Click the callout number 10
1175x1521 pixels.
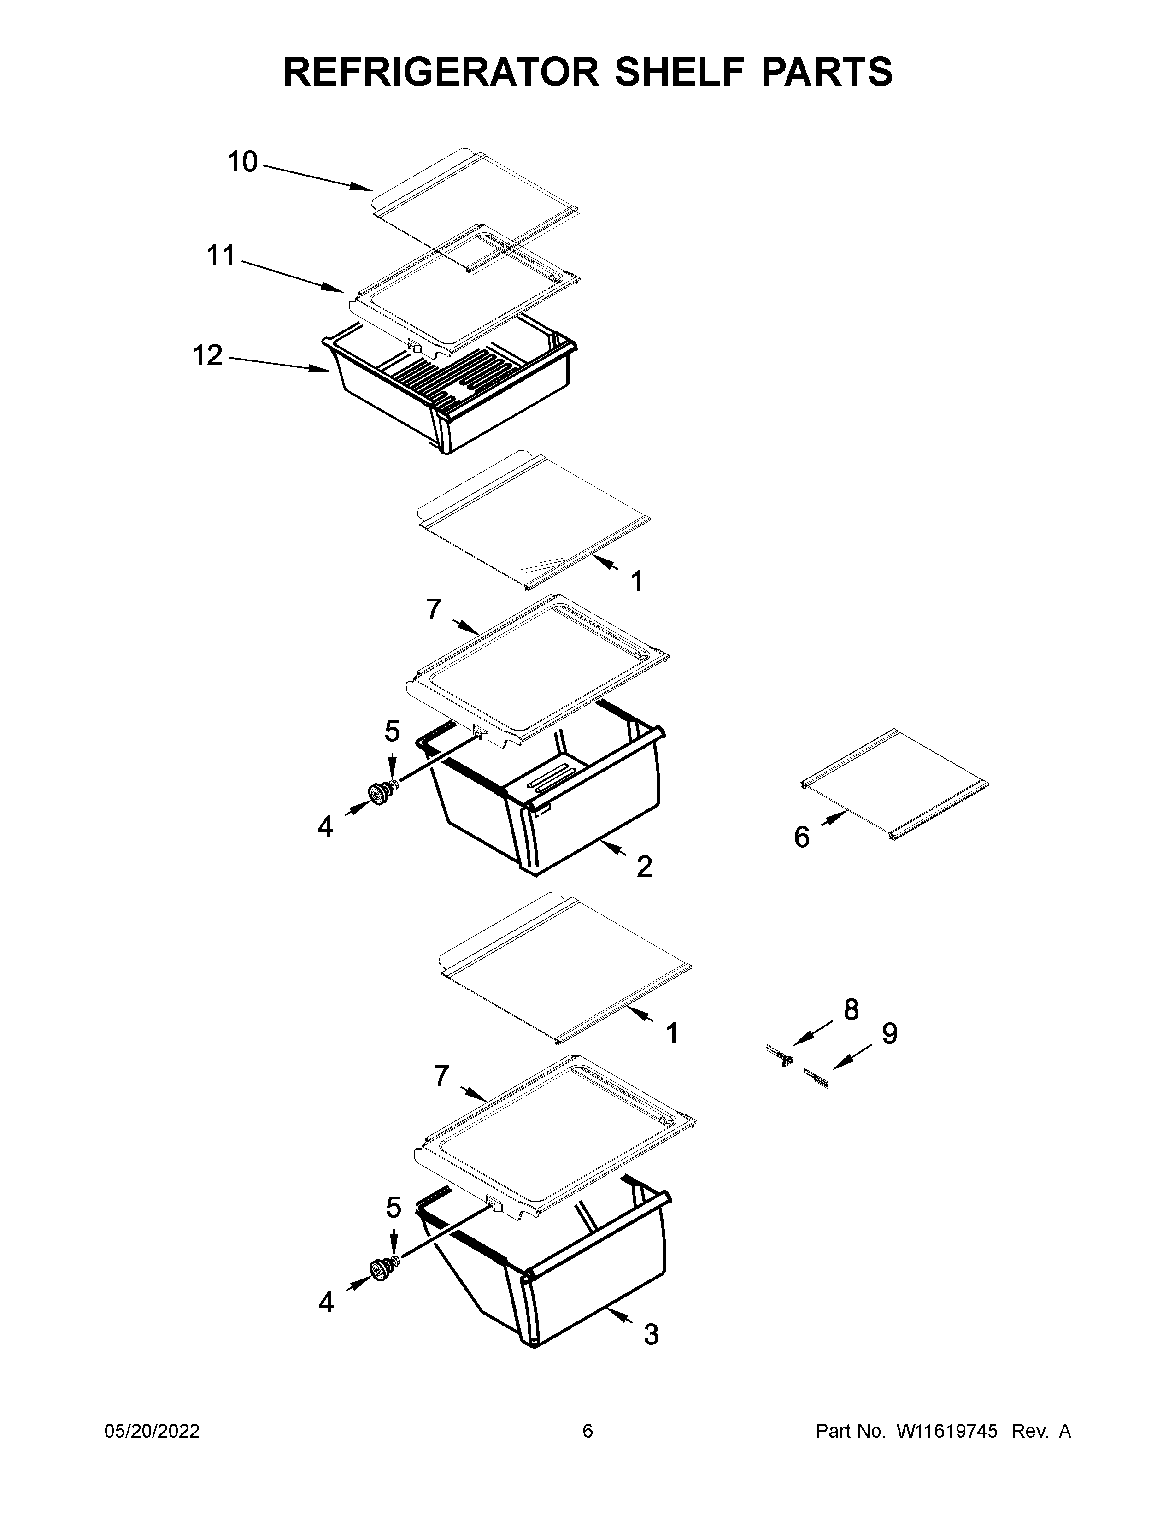pyautogui.click(x=243, y=162)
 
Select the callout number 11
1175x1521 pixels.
pyautogui.click(x=221, y=256)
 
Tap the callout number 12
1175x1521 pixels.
pyautogui.click(x=207, y=355)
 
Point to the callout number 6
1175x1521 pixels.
pyautogui.click(x=802, y=837)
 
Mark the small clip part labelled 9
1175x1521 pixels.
pyautogui.click(x=816, y=1079)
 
